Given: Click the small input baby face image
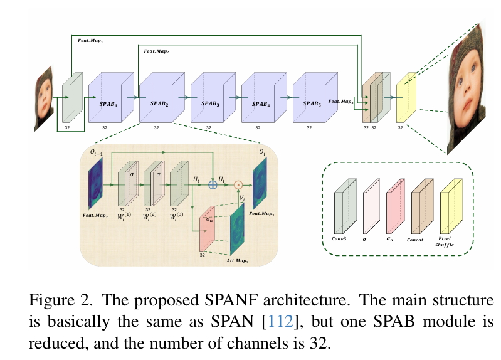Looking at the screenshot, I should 45,98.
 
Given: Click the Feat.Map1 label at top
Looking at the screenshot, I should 90,40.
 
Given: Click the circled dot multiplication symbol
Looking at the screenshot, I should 238,184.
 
